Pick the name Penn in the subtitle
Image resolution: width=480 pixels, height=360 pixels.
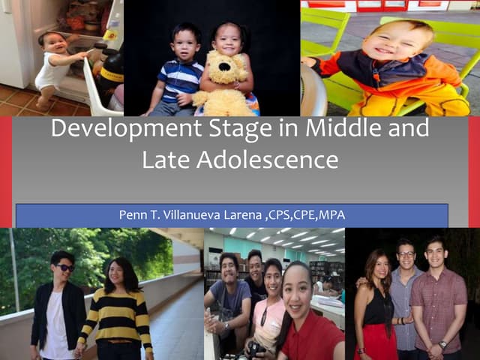coord(133,216)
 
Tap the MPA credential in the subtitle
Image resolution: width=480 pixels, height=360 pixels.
coord(331,216)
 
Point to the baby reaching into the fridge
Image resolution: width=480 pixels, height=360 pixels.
coord(56,64)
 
